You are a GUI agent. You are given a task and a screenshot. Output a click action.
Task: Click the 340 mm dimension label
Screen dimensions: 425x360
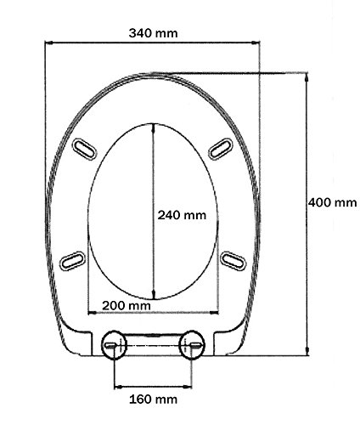(154, 33)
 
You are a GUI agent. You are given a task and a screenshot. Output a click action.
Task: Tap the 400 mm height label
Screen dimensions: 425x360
(332, 202)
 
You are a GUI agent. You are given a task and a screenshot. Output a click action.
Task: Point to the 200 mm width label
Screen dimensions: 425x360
(126, 305)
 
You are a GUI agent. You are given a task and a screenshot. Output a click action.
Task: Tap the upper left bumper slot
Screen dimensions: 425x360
(86, 150)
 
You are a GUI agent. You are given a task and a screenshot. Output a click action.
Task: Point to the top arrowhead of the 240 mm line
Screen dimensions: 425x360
(153, 128)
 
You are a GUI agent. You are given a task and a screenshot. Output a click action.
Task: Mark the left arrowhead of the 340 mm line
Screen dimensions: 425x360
(48, 42)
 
